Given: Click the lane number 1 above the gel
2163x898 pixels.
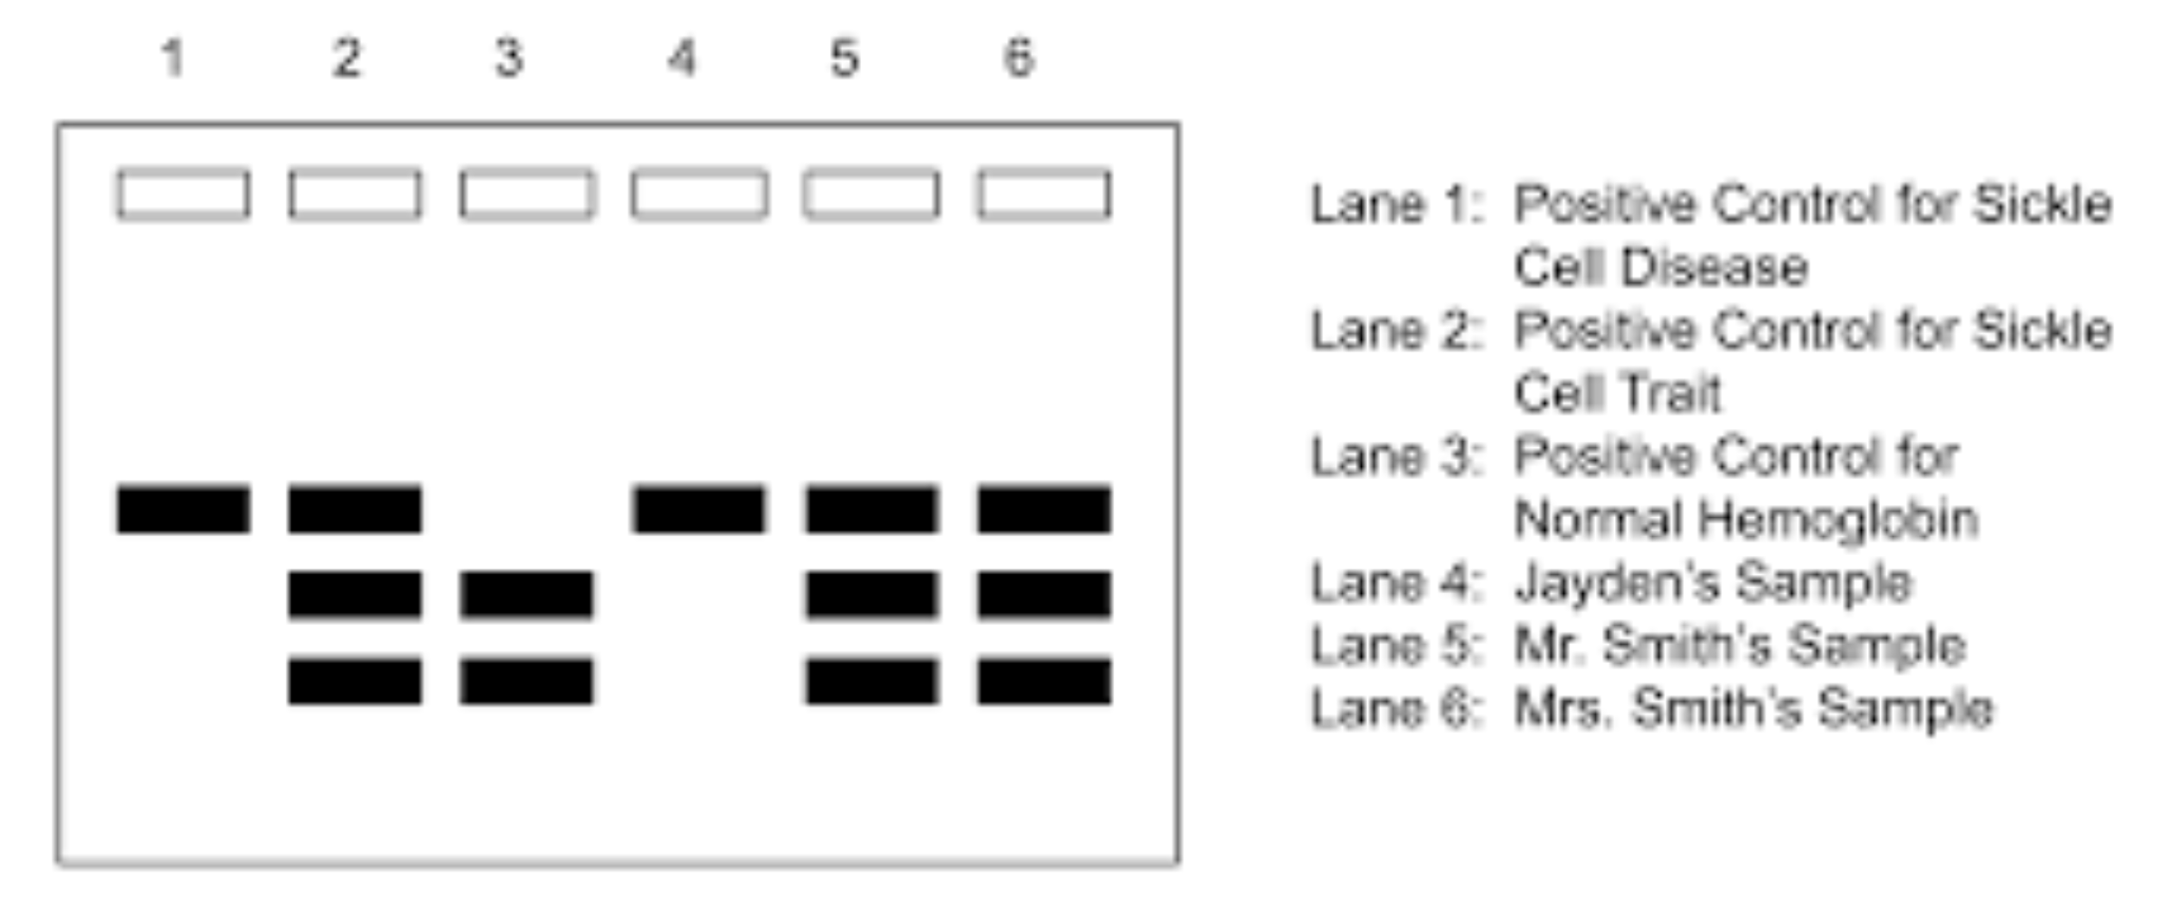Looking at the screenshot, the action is coord(173,59).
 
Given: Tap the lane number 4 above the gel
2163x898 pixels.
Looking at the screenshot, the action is coord(681,59).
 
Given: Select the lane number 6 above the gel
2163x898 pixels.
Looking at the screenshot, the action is coord(1019,59).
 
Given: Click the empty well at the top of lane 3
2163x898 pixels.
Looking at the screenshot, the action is coord(527,195).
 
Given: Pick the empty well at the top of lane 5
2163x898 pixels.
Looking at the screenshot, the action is coord(871,195).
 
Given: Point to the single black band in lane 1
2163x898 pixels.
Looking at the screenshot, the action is coord(183,510).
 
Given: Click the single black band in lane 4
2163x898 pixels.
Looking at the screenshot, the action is coord(699,510).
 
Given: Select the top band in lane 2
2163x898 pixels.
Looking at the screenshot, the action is coord(355,510).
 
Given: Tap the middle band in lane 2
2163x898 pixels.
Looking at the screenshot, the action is coord(355,595).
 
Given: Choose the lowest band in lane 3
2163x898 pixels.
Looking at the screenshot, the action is coord(527,681).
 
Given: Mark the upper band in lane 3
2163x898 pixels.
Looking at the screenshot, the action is coord(527,595).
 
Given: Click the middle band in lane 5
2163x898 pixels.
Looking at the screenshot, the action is coord(871,595).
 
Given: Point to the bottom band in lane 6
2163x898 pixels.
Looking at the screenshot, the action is coord(1043,681).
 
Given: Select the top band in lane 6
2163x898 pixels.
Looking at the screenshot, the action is coord(1043,510).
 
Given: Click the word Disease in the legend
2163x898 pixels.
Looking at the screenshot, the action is coord(1715,268).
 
